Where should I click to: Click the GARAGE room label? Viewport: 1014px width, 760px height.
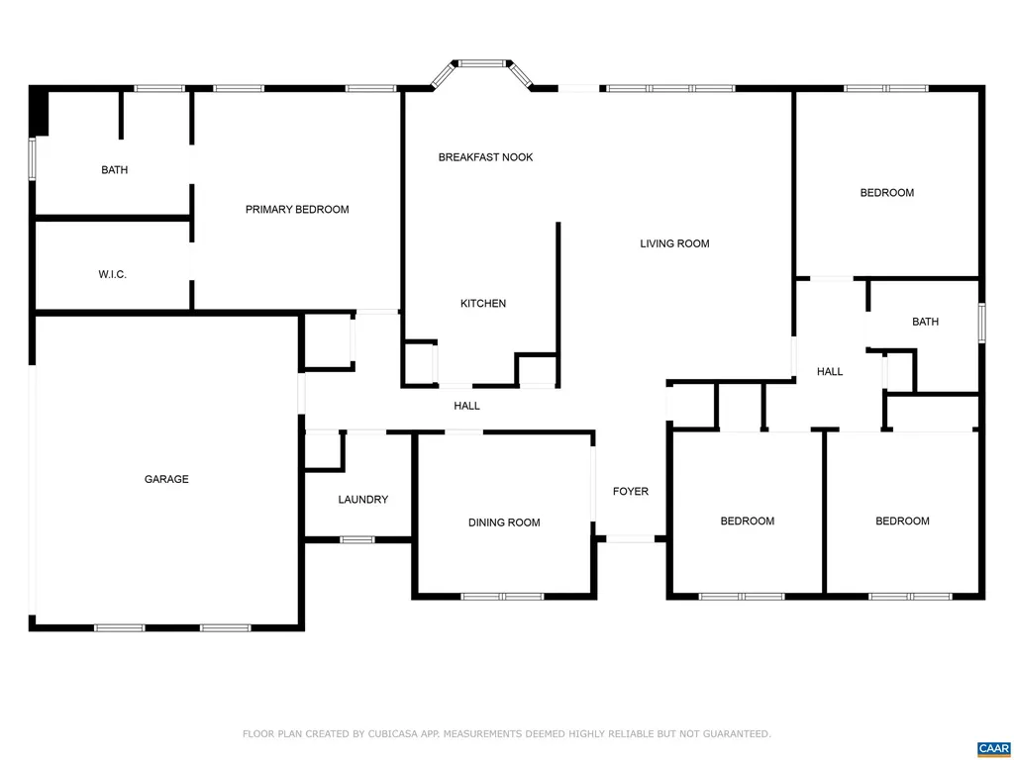[x=166, y=479]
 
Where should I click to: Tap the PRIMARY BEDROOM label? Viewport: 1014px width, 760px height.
[x=297, y=210]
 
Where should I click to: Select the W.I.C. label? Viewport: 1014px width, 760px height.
[x=113, y=275]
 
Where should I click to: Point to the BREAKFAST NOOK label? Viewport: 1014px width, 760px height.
[x=485, y=157]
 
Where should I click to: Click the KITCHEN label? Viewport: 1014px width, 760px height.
[x=483, y=303]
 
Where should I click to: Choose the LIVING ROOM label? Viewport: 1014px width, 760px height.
[x=674, y=243]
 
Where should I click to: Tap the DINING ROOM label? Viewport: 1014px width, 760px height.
[x=504, y=522]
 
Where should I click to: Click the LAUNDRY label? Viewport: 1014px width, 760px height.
[x=363, y=500]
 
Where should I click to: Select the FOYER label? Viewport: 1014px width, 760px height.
[x=631, y=491]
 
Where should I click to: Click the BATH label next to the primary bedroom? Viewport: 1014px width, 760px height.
[x=115, y=170]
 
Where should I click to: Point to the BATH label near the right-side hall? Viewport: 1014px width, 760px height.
[x=926, y=322]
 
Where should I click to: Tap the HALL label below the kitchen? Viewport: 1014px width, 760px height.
[x=467, y=406]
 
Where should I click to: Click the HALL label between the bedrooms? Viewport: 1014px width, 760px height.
[x=830, y=372]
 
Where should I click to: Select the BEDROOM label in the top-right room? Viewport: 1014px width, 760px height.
[x=887, y=193]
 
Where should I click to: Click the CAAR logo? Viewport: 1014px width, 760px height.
[x=993, y=749]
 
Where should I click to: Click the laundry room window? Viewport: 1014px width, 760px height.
[x=356, y=539]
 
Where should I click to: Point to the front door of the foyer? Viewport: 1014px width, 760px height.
[x=631, y=538]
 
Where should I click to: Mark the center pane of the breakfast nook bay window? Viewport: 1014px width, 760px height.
[x=481, y=63]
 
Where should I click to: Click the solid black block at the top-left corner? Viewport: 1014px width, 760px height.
[x=39, y=111]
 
